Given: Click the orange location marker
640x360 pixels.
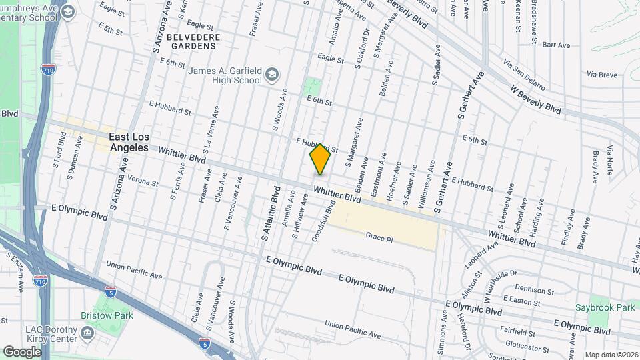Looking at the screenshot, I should click(x=320, y=159).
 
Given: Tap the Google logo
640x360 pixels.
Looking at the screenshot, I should click(x=22, y=351).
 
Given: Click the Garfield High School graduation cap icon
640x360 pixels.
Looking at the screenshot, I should click(x=272, y=73).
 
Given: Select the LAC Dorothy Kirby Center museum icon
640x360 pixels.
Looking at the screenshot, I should click(x=87, y=332).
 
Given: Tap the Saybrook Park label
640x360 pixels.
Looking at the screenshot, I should click(x=605, y=308).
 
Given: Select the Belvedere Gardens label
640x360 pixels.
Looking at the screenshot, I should click(x=191, y=41).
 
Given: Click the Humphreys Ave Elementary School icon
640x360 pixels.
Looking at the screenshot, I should click(x=67, y=12).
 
